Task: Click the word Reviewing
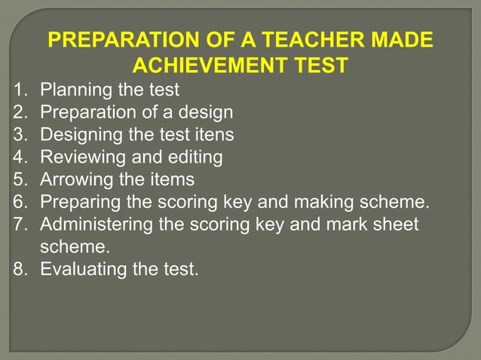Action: [x=81, y=157]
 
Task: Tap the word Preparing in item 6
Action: [x=78, y=202]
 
